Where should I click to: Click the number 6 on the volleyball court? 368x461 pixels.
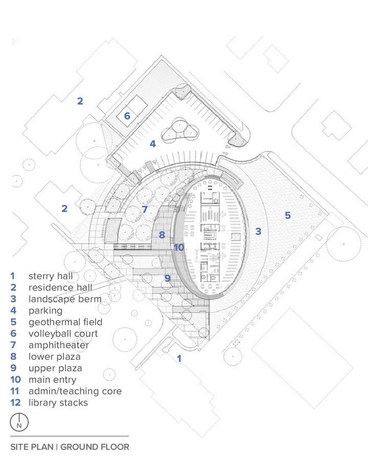pyautogui.click(x=127, y=116)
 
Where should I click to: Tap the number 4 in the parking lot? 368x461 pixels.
pyautogui.click(x=153, y=144)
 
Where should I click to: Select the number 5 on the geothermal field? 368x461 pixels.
pyautogui.click(x=288, y=215)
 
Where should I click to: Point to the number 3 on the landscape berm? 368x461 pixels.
pyautogui.click(x=258, y=232)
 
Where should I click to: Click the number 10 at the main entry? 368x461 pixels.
pyautogui.click(x=179, y=247)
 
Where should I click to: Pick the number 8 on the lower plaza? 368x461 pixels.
pyautogui.click(x=162, y=235)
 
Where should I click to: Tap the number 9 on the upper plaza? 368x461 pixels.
pyautogui.click(x=167, y=278)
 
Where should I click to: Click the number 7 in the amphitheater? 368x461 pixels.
pyautogui.click(x=144, y=209)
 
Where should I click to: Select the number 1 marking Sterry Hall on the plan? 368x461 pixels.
pyautogui.click(x=179, y=359)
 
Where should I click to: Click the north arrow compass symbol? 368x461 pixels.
pyautogui.click(x=19, y=422)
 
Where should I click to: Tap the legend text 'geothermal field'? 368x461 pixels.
pyautogui.click(x=65, y=322)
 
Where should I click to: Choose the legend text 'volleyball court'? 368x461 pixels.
pyautogui.click(x=63, y=333)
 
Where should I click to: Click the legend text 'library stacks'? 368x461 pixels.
pyautogui.click(x=58, y=403)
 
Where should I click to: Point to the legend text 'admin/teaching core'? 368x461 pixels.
pyautogui.click(x=75, y=391)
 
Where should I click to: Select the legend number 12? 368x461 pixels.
pyautogui.click(x=15, y=403)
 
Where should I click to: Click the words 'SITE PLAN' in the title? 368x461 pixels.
pyautogui.click(x=32, y=447)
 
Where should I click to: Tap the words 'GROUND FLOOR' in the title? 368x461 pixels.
pyautogui.click(x=95, y=447)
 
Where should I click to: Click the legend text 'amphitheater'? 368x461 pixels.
pyautogui.click(x=59, y=345)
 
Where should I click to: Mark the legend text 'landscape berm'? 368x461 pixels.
pyautogui.click(x=65, y=299)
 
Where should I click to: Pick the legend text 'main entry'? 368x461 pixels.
pyautogui.click(x=52, y=380)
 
